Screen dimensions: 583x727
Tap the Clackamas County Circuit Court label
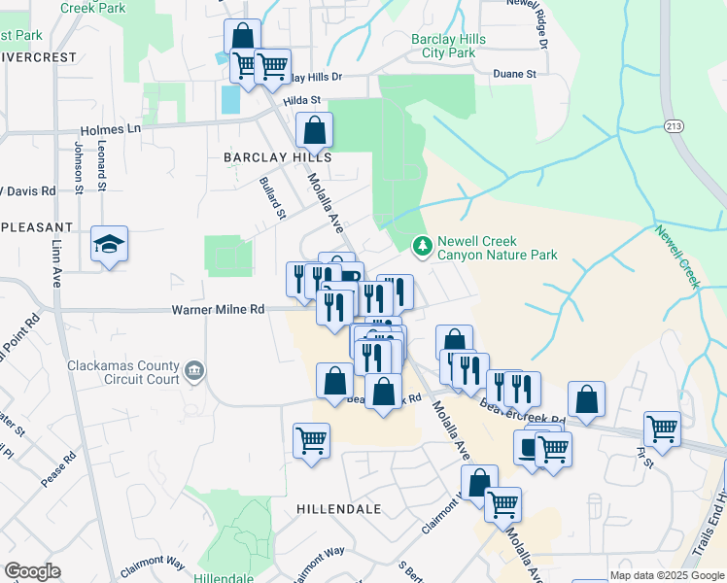click(123, 372)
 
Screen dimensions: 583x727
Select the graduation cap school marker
click(110, 244)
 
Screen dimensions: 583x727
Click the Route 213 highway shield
click(674, 126)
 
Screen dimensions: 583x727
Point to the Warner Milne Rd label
click(218, 310)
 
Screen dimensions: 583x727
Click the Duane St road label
click(518, 73)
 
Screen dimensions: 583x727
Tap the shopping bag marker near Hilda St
click(314, 130)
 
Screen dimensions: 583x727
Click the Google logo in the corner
click(32, 570)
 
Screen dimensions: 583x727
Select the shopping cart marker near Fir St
click(662, 429)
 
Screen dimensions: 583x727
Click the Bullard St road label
click(274, 197)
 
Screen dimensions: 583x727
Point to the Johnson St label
click(78, 166)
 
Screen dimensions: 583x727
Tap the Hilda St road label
click(302, 100)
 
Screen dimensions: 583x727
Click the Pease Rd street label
click(57, 468)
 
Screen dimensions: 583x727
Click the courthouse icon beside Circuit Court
click(194, 370)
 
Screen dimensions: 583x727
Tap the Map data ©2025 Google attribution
click(667, 575)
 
